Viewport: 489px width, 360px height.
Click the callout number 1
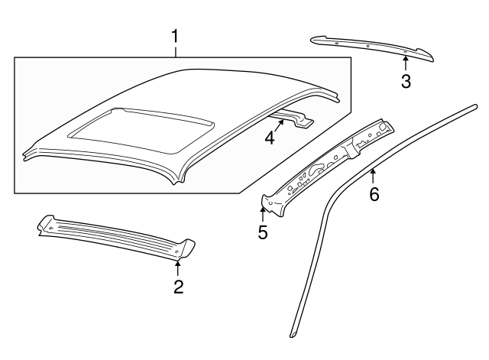175,36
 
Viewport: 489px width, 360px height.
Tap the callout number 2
178,287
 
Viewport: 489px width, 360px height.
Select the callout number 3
406,82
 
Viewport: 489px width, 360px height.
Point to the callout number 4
270,138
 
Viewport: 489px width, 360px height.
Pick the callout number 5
263,232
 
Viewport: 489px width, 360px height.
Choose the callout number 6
374,194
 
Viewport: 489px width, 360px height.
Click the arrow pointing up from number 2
178,268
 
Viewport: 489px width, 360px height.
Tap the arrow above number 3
406,63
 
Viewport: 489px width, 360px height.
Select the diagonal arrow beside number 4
279,126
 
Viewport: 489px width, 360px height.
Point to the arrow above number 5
263,214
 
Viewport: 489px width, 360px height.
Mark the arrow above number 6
373,176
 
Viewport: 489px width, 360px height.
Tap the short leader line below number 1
176,52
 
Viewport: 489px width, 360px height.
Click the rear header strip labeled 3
372,48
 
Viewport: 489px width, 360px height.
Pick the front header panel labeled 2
116,236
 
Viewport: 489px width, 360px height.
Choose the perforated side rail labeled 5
328,167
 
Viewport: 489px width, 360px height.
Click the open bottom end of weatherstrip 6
293,334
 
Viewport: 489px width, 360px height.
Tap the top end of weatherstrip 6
475,107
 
